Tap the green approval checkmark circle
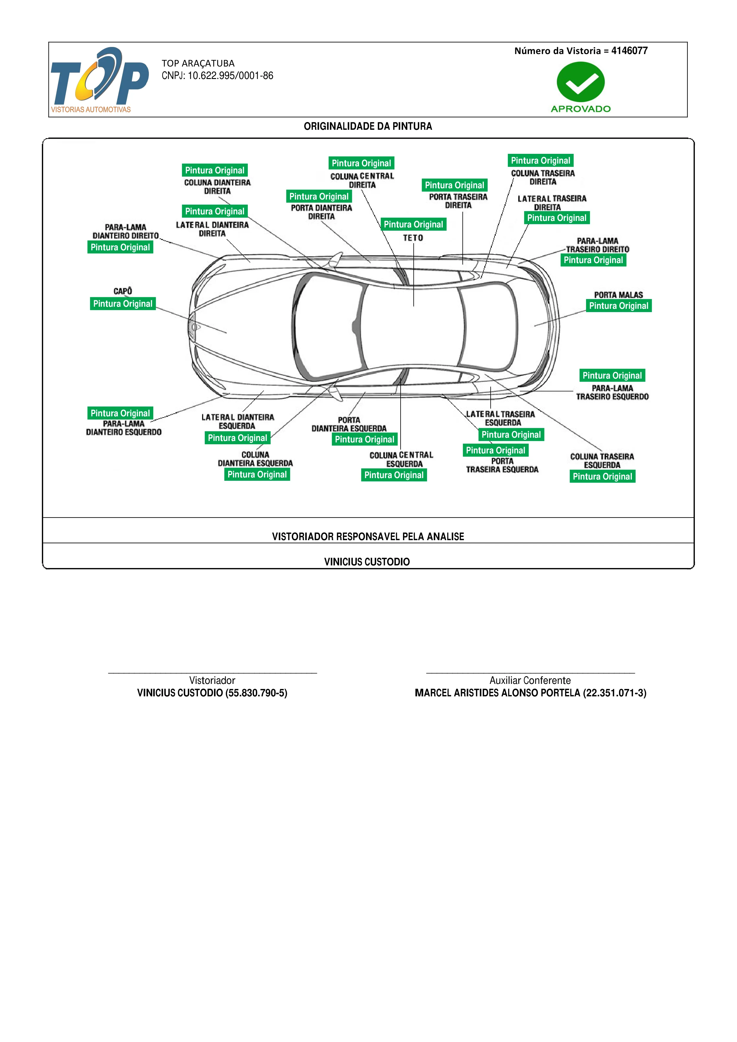click(x=580, y=82)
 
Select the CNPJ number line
click(x=218, y=76)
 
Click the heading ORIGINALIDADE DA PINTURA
click(x=368, y=126)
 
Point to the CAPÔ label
click(x=123, y=291)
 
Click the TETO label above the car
click(x=413, y=238)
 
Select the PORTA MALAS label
click(x=618, y=295)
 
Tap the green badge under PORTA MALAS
click(x=618, y=306)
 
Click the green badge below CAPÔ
click(x=123, y=303)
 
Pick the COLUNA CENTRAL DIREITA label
click(x=362, y=180)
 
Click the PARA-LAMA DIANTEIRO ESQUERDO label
click(x=124, y=428)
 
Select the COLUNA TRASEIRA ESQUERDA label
click(x=602, y=461)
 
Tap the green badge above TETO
click(x=413, y=224)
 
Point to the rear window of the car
click(x=488, y=327)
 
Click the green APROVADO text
click(x=581, y=109)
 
